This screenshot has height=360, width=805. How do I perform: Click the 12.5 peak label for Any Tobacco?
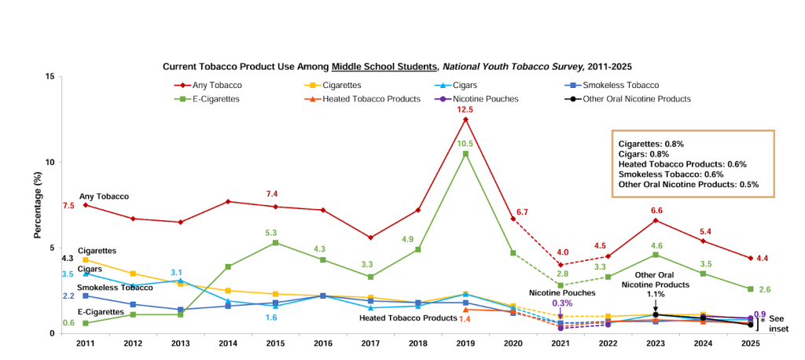click(x=465, y=109)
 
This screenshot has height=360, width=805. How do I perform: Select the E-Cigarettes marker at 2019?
click(x=465, y=154)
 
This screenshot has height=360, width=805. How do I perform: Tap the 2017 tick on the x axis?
click(x=370, y=343)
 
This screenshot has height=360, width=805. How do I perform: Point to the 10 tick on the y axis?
click(x=49, y=163)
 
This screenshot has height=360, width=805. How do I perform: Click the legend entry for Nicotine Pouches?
click(x=484, y=99)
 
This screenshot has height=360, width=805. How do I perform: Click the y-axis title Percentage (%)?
click(x=37, y=205)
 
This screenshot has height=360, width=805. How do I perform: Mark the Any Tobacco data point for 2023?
click(x=655, y=220)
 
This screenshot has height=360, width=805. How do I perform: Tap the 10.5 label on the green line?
click(x=465, y=144)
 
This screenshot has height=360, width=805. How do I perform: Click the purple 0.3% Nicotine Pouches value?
click(x=561, y=303)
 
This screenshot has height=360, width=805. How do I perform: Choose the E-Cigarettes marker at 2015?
click(x=275, y=242)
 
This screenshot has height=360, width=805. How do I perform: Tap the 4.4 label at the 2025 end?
click(x=762, y=259)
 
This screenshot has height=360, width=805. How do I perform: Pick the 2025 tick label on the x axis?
click(x=750, y=343)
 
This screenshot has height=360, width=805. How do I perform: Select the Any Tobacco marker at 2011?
click(x=85, y=205)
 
